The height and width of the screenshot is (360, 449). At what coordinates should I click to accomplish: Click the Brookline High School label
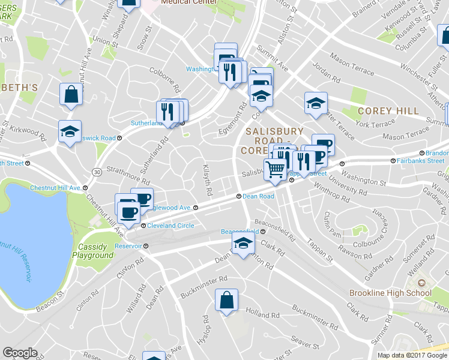tap(390, 293)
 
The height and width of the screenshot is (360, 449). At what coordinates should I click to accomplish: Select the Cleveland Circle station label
tap(171, 226)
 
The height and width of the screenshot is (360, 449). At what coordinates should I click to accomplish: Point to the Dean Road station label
tap(258, 196)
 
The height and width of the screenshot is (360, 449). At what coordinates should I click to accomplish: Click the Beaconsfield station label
tap(240, 232)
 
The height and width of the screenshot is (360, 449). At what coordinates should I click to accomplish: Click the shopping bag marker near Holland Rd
tap(226, 301)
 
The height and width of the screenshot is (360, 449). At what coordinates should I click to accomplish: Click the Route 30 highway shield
tap(97, 172)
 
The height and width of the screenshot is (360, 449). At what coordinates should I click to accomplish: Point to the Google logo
tap(20, 353)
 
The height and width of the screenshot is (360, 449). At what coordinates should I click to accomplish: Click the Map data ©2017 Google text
tap(412, 355)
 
